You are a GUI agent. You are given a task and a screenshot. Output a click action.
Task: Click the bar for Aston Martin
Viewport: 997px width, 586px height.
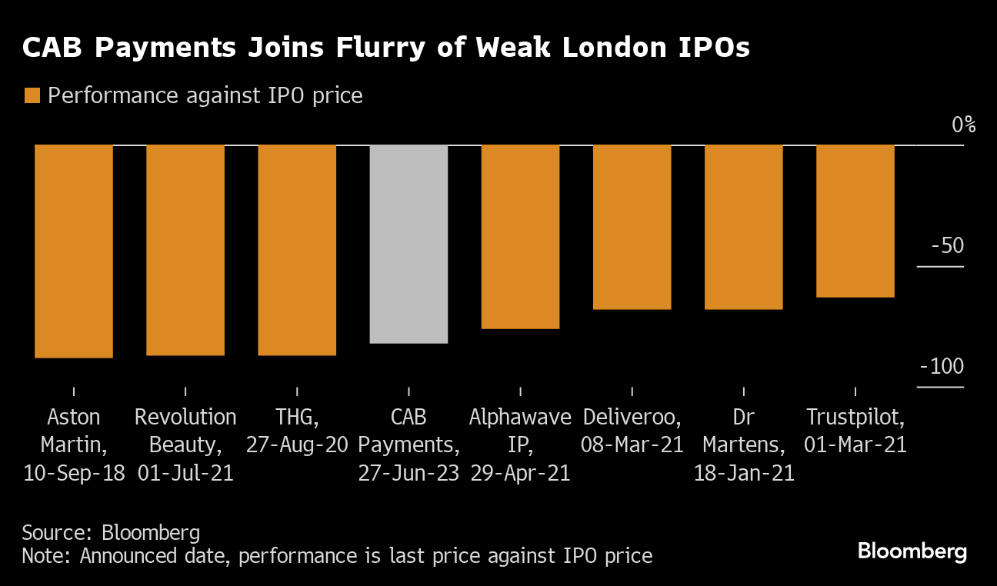(x=74, y=251)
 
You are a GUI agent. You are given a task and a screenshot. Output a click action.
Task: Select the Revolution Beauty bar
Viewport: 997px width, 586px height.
(x=185, y=250)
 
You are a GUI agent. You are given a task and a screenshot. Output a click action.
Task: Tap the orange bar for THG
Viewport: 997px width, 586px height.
(x=297, y=250)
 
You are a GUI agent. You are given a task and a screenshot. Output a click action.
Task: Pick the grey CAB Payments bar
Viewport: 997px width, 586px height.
(x=408, y=244)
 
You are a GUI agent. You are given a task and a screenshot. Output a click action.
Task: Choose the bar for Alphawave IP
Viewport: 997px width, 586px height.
(x=520, y=236)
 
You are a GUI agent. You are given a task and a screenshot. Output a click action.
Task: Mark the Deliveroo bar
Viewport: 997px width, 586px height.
(x=632, y=227)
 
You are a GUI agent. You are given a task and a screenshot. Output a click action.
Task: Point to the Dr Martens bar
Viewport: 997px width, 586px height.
(x=743, y=227)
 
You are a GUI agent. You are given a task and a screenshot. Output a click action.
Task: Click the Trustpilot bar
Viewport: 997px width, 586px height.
(x=855, y=221)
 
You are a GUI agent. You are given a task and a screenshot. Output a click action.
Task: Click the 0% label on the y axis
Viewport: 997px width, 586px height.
(x=963, y=125)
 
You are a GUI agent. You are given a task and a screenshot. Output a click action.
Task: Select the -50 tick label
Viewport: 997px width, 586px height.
(x=946, y=246)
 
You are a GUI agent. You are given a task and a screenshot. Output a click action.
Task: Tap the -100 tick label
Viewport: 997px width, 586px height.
(x=942, y=367)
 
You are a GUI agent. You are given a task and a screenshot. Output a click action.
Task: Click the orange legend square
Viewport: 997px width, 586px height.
(x=32, y=96)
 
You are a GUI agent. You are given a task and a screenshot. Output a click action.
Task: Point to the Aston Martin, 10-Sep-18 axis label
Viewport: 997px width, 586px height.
(x=74, y=444)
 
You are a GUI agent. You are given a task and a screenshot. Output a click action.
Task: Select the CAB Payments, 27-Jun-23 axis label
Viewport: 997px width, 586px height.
(x=408, y=444)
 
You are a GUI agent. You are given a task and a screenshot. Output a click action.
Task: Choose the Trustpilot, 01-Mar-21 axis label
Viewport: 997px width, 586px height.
(x=855, y=431)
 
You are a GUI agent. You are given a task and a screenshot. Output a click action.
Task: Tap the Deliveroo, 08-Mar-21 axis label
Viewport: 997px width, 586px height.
(x=632, y=431)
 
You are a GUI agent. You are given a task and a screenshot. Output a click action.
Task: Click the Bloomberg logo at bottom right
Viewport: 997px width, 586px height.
(x=912, y=551)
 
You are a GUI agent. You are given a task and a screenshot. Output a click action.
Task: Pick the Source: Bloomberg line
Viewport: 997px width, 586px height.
(x=111, y=533)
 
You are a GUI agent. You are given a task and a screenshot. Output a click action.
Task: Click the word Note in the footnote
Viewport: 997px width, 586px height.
(x=42, y=555)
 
